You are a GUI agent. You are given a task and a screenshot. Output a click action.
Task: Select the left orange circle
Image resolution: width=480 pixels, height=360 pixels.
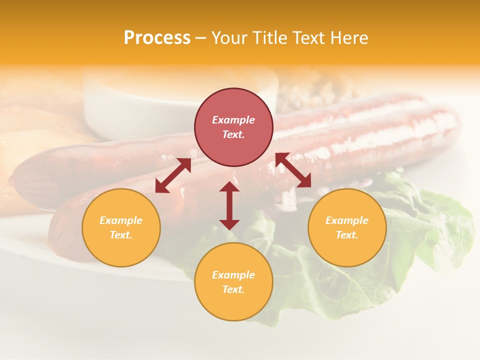click(x=121, y=227)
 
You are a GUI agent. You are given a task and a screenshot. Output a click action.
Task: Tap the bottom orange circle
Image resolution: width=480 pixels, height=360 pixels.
click(x=233, y=281)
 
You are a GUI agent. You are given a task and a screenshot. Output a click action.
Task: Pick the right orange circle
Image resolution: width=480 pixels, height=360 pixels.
click(x=347, y=227)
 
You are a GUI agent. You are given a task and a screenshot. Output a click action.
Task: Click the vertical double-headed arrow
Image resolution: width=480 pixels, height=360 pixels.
click(x=229, y=205)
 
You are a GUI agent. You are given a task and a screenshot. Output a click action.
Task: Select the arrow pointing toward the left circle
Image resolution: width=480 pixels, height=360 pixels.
click(x=173, y=175)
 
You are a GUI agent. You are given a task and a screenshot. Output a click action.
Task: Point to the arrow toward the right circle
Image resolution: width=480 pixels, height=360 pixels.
click(x=293, y=170)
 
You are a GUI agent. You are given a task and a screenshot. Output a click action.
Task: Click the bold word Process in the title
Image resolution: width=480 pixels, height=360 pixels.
click(x=157, y=37)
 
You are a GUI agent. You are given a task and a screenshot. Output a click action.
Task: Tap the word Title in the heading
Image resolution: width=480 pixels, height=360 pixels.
click(x=270, y=37)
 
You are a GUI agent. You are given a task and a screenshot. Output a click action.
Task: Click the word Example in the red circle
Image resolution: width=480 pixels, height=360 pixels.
click(x=233, y=120)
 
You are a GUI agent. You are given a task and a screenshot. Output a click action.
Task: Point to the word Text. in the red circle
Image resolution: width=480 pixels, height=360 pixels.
click(x=233, y=134)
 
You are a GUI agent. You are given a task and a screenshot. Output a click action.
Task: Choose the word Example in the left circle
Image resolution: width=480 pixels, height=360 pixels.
click(x=121, y=220)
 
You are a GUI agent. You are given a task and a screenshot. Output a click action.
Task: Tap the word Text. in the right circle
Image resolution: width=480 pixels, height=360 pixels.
click(x=347, y=235)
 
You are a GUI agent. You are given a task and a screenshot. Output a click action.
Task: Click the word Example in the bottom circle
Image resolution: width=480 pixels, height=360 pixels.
click(x=233, y=275)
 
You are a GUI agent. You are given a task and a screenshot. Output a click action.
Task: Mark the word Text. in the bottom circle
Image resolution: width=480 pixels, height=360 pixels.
click(x=233, y=289)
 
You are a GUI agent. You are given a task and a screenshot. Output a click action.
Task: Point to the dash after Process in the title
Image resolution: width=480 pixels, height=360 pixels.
click(x=200, y=38)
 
